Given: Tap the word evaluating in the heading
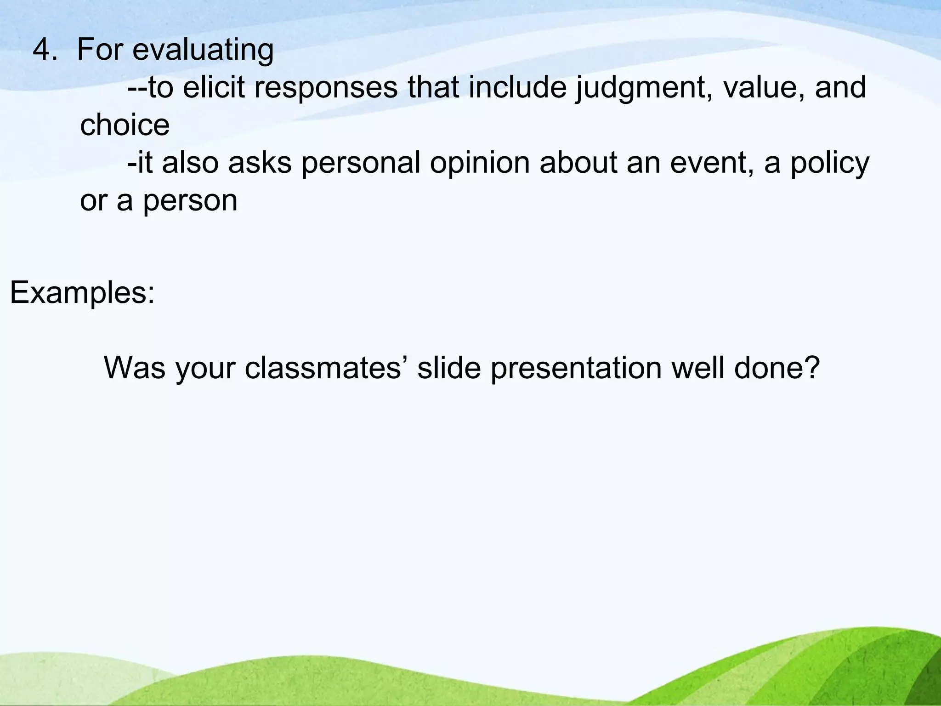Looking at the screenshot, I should pos(203,51).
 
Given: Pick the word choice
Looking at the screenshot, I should pos(125,125).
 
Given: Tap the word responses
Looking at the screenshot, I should pos(326,88).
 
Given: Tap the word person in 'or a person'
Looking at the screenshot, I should pos(190,201).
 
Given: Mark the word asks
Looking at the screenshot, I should pos(260,163).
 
